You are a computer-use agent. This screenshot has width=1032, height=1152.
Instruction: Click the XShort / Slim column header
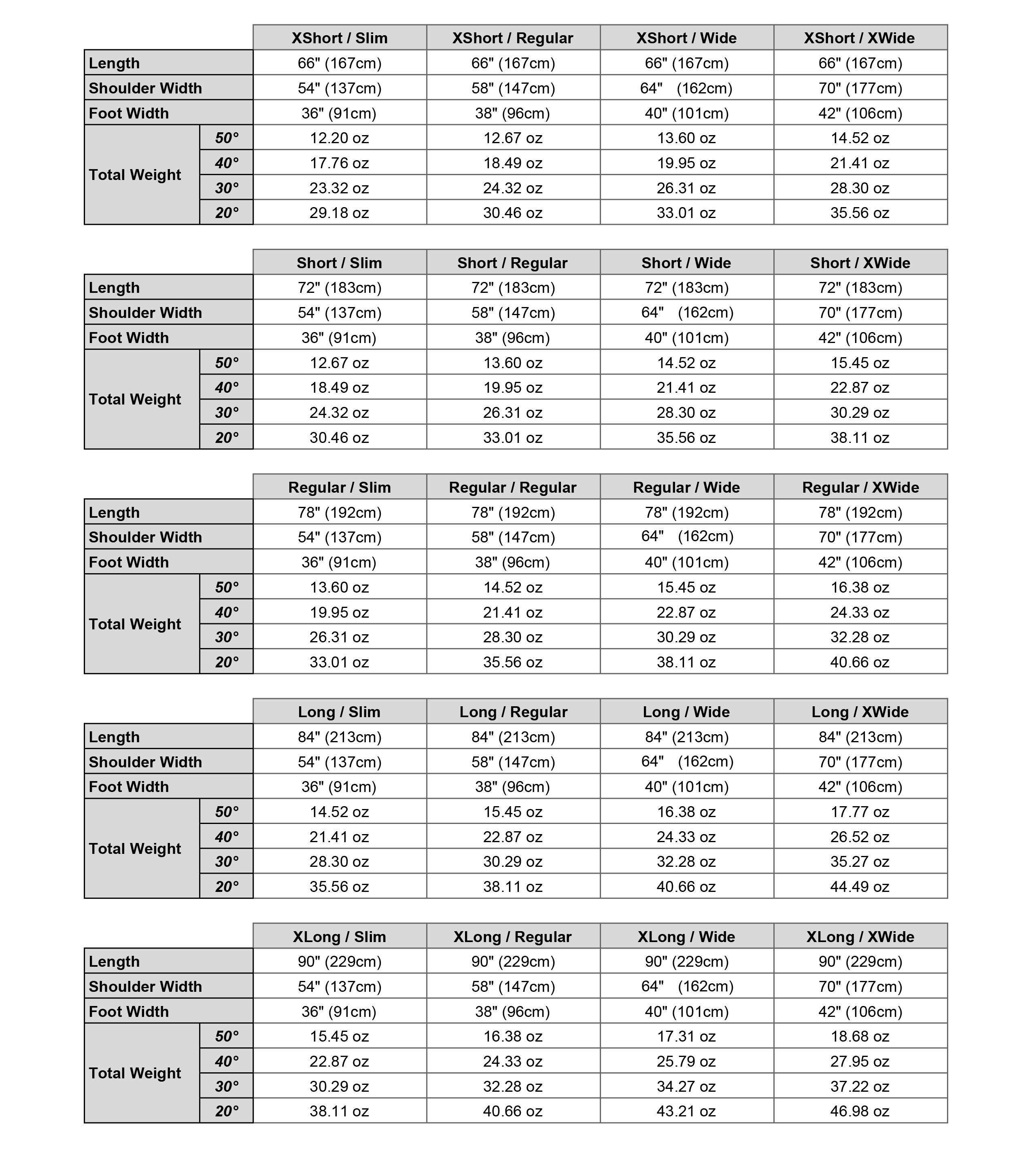339,38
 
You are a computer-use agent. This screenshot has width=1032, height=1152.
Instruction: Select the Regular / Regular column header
513,487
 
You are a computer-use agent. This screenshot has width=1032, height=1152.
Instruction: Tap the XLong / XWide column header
860,937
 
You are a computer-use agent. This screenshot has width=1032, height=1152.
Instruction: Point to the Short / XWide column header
860,263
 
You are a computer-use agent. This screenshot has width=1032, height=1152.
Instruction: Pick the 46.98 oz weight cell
860,1111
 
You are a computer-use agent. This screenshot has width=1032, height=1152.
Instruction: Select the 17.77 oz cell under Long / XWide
860,812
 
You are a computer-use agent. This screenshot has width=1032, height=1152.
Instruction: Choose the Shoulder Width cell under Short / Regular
513,313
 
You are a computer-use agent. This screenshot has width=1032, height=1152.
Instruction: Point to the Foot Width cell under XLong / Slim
339,1012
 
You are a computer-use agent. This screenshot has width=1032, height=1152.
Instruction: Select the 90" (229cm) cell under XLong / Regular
513,961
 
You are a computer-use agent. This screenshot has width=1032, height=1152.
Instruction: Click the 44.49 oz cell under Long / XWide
860,887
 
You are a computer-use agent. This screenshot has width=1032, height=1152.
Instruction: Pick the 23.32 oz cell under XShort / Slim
339,188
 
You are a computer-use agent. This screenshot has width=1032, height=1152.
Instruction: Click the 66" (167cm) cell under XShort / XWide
860,63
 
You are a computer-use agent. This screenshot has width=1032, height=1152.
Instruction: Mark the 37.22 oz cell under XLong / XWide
860,1086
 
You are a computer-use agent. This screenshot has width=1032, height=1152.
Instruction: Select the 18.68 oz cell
860,1036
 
